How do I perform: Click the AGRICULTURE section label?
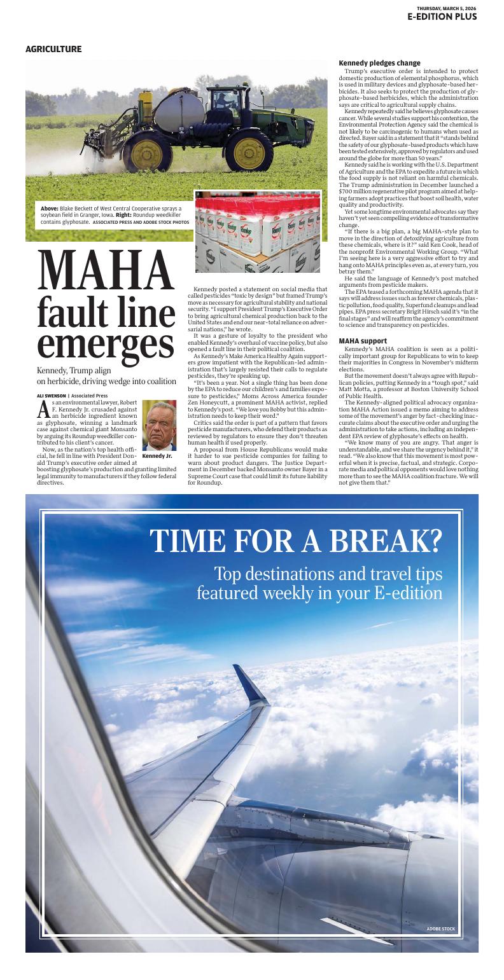pos(53,49)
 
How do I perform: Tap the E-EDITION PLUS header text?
pos(442,17)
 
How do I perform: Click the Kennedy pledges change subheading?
pos(379,63)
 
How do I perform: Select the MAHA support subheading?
pos(363,341)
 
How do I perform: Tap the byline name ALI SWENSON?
pos(50,396)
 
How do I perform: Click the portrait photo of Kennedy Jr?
pos(158,425)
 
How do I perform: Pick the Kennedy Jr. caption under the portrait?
pos(157,456)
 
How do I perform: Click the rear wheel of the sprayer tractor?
pos(148,152)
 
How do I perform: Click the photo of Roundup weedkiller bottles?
pos(258,232)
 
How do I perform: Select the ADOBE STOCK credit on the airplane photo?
pos(440,929)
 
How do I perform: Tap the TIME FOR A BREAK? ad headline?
pos(296,541)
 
